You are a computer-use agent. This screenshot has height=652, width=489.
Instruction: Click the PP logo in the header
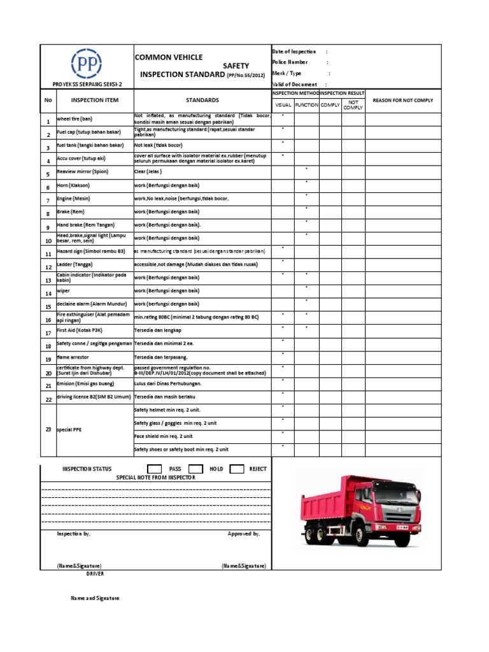(x=86, y=64)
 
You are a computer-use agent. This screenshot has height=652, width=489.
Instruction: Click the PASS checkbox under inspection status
(x=154, y=469)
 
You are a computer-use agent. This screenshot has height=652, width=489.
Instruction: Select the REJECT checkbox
(x=237, y=469)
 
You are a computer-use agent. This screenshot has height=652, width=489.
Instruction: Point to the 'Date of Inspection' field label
(x=294, y=52)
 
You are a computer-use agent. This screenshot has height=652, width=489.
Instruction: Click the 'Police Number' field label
(x=290, y=62)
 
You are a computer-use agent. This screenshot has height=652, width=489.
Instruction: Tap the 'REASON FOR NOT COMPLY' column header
(x=402, y=101)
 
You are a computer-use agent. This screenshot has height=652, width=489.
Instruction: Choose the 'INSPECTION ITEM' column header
(x=94, y=101)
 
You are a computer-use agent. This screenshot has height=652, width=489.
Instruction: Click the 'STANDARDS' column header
(x=202, y=101)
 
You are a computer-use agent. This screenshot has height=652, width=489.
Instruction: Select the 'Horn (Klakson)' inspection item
(x=73, y=185)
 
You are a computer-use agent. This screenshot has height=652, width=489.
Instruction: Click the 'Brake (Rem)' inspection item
(x=70, y=211)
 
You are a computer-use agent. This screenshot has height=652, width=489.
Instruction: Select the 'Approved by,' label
(x=243, y=534)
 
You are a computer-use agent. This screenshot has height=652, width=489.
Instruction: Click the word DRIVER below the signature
(x=95, y=574)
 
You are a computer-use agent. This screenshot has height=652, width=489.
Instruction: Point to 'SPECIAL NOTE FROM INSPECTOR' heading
(x=156, y=477)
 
